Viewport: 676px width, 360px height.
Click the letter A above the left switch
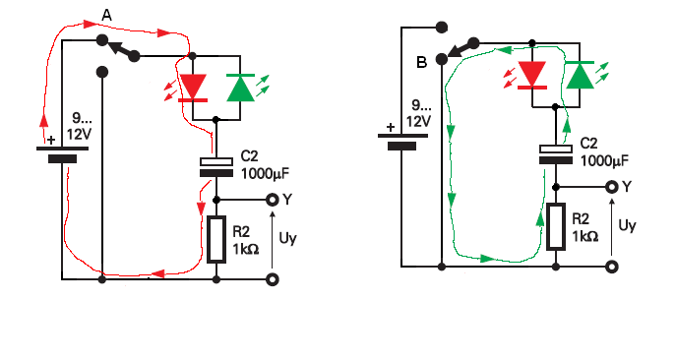pos(106,16)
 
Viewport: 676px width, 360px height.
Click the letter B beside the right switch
pos(421,63)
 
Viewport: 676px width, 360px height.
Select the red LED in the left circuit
pos(193,89)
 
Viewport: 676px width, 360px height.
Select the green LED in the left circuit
pos(240,88)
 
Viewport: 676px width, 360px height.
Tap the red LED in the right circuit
pos(532,76)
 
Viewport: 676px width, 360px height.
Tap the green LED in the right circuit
pos(580,75)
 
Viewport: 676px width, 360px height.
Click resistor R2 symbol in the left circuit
pos(216,240)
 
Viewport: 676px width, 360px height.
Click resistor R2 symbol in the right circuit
pos(556,227)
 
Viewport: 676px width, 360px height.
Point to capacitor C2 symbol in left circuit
pos(216,167)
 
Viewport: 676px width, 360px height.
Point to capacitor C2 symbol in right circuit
pos(556,154)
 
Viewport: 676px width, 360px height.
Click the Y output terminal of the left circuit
pos(272,200)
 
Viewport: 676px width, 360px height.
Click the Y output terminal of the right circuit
pos(612,187)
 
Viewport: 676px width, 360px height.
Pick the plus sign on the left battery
pos(51,140)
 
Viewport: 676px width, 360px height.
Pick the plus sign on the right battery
pos(391,128)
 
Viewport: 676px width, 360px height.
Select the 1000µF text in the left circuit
pos(265,173)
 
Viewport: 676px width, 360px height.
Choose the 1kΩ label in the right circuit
pos(585,236)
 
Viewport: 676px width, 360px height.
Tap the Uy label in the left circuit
pos(287,238)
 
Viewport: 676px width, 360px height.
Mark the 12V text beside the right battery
pos(418,121)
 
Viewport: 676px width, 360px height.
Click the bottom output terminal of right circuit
pos(612,267)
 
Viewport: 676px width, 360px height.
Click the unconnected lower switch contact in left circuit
pos(102,72)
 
